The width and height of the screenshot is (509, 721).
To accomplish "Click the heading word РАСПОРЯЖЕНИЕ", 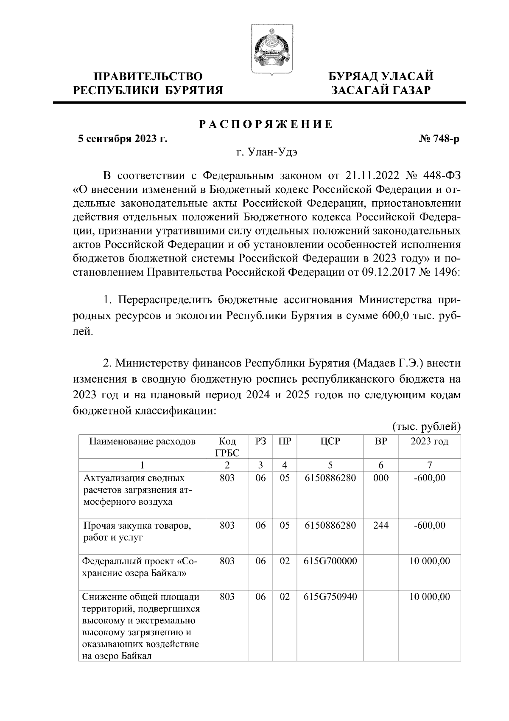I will pyautogui.click(x=266, y=124).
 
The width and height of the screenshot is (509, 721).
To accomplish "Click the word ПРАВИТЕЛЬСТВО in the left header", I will pyautogui.click(x=148, y=76).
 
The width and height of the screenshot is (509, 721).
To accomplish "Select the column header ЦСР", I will pyautogui.click(x=330, y=441).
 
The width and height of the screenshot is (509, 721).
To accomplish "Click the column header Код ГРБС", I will pyautogui.click(x=227, y=447).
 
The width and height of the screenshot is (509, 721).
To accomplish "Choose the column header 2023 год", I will pyautogui.click(x=429, y=441).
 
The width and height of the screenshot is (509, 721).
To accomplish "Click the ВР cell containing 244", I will pyautogui.click(x=380, y=525).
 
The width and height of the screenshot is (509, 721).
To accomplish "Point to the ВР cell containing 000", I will pyautogui.click(x=380, y=478).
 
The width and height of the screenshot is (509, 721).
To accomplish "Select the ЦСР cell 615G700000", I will pyautogui.click(x=330, y=561).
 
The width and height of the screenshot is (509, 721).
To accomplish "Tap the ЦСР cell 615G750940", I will pyautogui.click(x=330, y=597).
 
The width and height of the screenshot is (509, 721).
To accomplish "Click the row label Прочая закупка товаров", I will pyautogui.click(x=137, y=526).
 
